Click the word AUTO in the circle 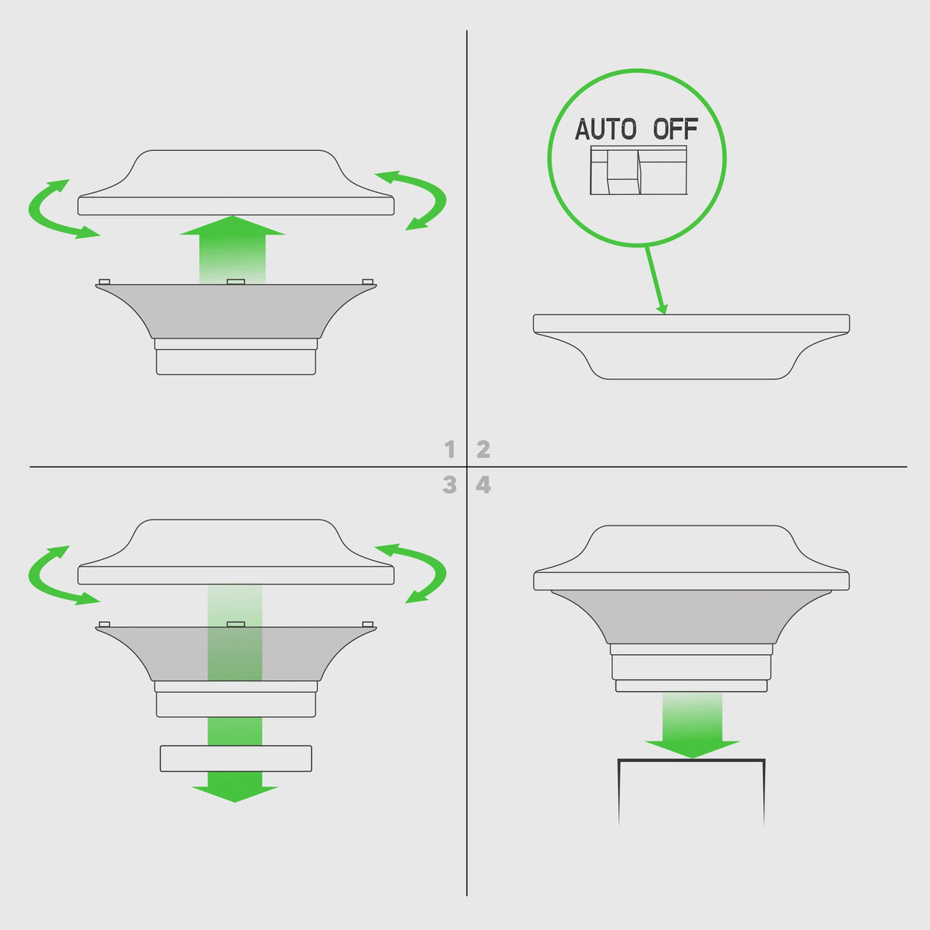[606, 129]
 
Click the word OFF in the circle [676, 129]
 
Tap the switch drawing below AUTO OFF [638, 170]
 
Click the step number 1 [450, 450]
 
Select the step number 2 [483, 450]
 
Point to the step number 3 [450, 485]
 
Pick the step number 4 [483, 485]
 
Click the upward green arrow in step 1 [233, 250]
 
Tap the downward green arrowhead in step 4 [692, 749]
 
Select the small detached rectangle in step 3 [236, 758]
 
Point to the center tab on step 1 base [236, 281]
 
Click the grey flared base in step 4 [691, 617]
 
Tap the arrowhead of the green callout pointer [663, 309]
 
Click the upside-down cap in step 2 [691, 346]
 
